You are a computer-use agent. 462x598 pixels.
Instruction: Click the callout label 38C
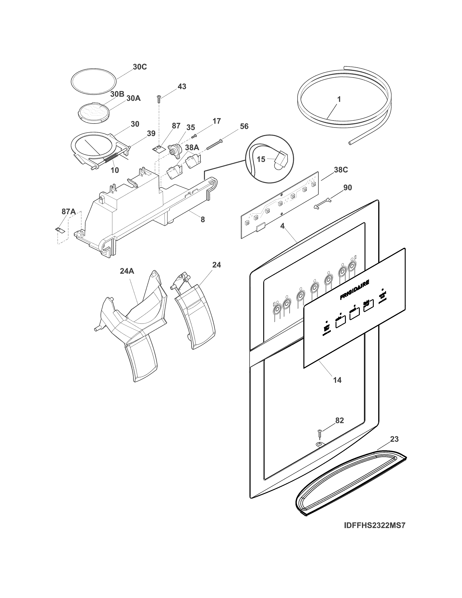pos(341,170)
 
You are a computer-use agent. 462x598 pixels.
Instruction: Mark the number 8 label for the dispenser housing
pos(203,219)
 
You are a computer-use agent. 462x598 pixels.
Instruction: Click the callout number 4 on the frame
pos(282,226)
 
